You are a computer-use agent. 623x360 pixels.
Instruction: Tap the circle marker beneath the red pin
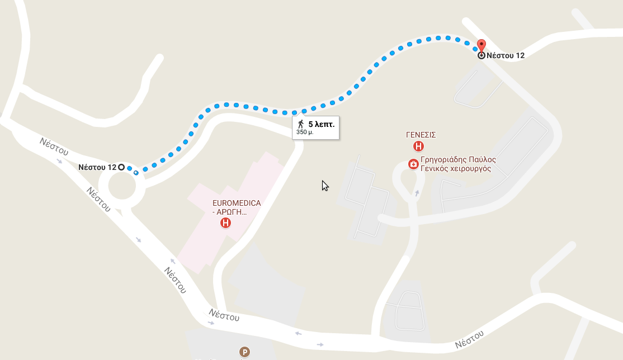[482, 55]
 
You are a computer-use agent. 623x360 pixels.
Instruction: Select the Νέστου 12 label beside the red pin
[506, 55]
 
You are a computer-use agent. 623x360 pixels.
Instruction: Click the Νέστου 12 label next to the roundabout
[97, 167]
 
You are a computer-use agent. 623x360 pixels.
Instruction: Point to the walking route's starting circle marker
[121, 167]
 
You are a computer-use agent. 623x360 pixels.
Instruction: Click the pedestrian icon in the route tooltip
[301, 124]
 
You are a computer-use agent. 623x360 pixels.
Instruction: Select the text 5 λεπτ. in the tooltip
[321, 124]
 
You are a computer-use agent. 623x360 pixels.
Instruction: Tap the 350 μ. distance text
[305, 132]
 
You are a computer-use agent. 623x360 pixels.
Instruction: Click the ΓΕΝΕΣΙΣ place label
[421, 135]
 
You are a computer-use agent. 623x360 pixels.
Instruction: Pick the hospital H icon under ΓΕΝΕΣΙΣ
[418, 146]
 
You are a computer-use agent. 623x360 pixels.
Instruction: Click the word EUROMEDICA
[237, 203]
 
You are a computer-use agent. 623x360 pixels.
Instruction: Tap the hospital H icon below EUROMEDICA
[225, 223]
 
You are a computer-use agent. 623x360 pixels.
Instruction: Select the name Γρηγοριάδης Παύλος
[458, 159]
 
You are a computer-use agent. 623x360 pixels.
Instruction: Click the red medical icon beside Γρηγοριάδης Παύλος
[413, 164]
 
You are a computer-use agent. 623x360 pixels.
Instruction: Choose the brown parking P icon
[244, 352]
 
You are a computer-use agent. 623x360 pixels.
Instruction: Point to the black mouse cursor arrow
[324, 186]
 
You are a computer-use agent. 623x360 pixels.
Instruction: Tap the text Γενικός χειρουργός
[455, 168]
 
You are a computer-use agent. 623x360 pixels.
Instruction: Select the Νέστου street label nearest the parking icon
[224, 315]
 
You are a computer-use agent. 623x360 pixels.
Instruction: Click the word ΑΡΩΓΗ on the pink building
[232, 212]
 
